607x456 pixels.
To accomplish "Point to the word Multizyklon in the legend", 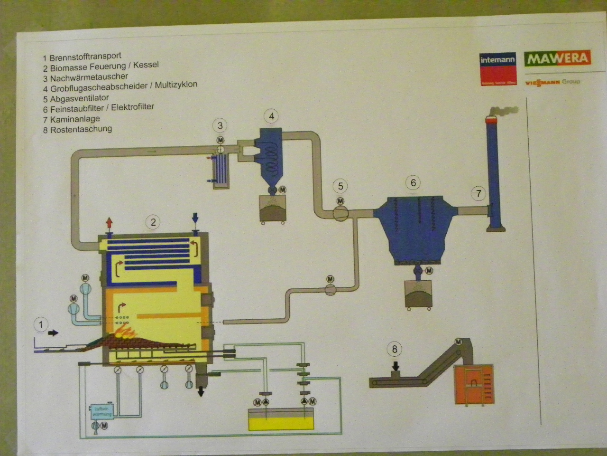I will click(176, 85).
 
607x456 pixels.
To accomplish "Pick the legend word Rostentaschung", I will click(81, 129).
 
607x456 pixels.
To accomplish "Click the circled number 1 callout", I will click(41, 325).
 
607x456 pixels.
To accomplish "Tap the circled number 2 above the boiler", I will click(153, 222).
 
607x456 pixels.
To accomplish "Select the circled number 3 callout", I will click(220, 125).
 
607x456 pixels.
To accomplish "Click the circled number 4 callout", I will click(271, 116).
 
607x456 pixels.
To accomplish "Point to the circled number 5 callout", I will click(340, 186).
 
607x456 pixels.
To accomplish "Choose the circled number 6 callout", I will click(413, 183).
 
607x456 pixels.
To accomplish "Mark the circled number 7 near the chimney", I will click(478, 193).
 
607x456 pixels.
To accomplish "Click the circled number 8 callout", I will click(395, 350).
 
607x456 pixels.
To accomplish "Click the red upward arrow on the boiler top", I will click(109, 222).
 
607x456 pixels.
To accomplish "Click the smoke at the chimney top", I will click(505, 111).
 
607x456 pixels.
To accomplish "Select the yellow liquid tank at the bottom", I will click(281, 420).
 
